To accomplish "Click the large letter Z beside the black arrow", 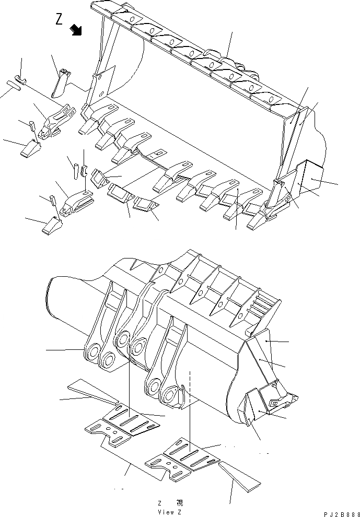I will (x=60, y=19).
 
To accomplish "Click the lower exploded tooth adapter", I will (x=76, y=202).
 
